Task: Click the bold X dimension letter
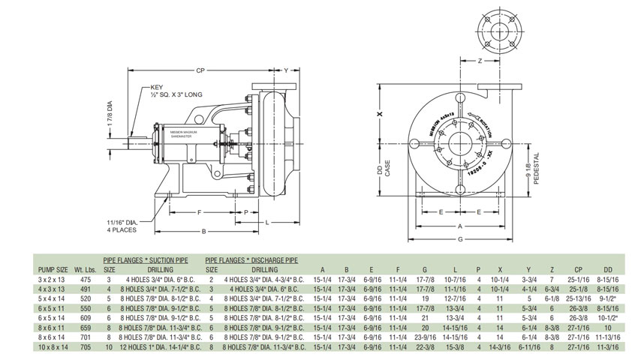click(379, 115)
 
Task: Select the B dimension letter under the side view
click(205, 232)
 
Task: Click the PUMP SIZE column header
click(53, 269)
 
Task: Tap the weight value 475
click(84, 278)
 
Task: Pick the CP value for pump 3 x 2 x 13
click(579, 278)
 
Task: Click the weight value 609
click(84, 317)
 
